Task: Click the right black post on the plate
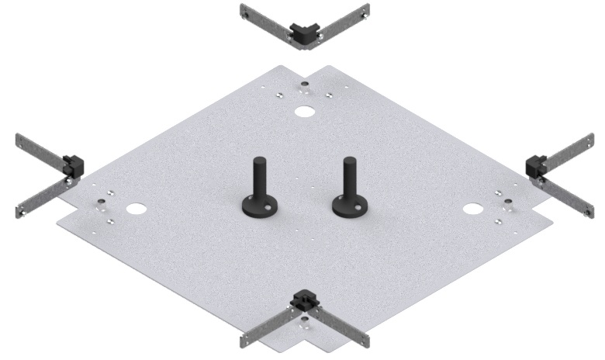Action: click(348, 178)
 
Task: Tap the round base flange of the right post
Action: click(349, 206)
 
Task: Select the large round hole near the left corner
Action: click(137, 209)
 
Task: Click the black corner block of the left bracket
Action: click(73, 164)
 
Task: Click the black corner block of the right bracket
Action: click(537, 165)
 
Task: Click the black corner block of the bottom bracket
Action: click(303, 300)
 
